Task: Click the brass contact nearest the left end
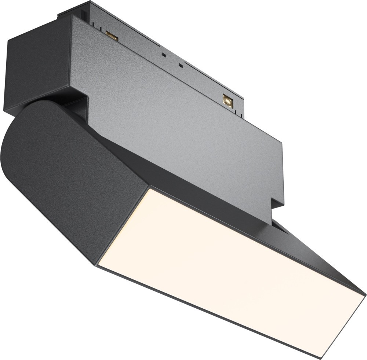coord(111,36)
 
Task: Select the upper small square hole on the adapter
coord(163,55)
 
